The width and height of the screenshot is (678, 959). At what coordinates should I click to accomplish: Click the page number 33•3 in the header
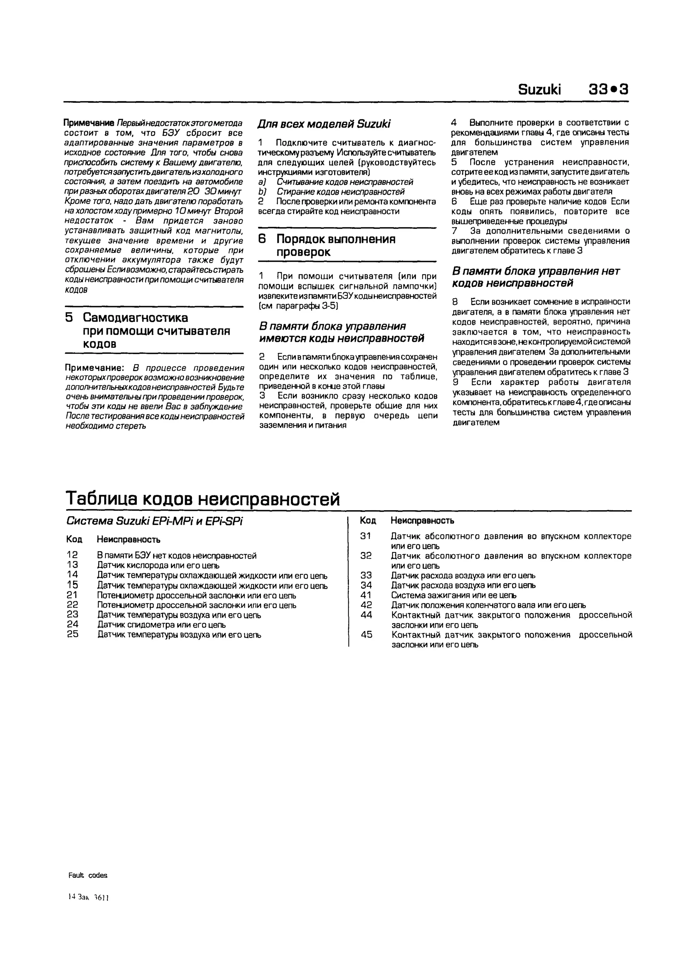[608, 90]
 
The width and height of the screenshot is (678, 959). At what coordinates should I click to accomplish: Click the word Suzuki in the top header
[539, 90]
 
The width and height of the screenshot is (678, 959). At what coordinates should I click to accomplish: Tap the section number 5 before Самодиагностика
[69, 318]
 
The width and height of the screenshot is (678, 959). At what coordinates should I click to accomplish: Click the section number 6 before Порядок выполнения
[262, 239]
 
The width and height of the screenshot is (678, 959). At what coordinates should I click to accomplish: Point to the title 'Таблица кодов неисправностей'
[203, 499]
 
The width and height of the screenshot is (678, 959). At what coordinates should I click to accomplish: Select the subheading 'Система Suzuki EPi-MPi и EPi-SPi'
[155, 521]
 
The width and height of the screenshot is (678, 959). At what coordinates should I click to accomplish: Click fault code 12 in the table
[72, 555]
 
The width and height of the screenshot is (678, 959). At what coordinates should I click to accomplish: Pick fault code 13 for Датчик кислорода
[72, 565]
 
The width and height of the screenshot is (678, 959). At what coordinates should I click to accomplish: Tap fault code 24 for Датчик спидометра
[72, 624]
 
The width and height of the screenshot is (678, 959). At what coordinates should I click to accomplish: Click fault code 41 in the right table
[366, 595]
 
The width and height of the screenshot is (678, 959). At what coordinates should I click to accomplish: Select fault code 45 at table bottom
[366, 634]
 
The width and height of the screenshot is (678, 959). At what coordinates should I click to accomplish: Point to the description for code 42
[488, 605]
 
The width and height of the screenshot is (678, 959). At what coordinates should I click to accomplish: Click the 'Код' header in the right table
[368, 521]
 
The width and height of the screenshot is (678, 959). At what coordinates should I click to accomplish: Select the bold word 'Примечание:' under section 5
[95, 368]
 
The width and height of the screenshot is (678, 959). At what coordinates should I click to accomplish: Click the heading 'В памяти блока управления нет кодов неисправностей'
[536, 277]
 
